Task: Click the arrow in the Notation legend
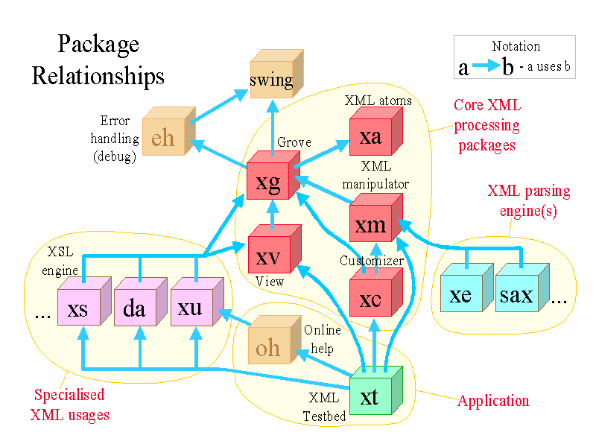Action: [486, 67]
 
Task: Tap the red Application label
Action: [493, 401]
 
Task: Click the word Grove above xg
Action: [294, 142]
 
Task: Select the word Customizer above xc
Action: [372, 261]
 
